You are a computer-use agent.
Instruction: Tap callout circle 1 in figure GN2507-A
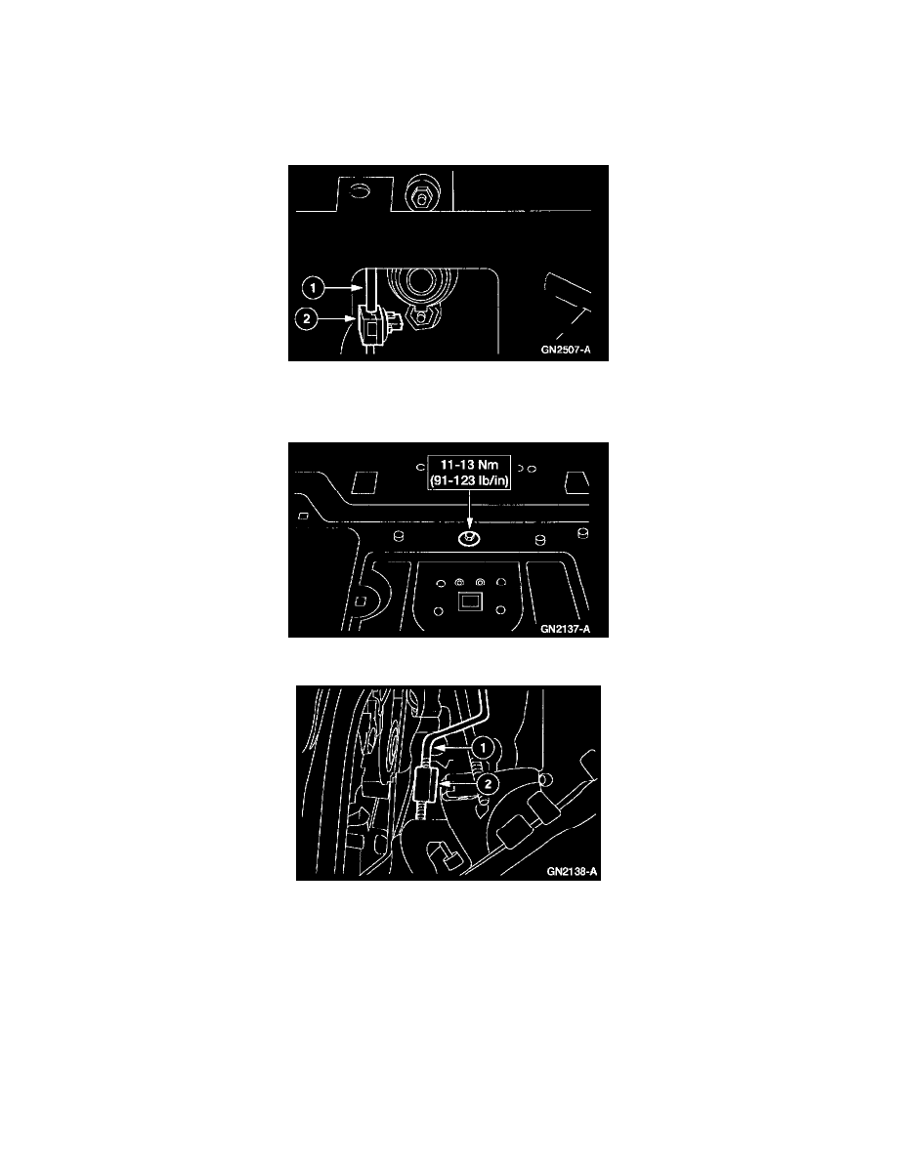click(312, 289)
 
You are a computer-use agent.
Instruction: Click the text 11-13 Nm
click(469, 468)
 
